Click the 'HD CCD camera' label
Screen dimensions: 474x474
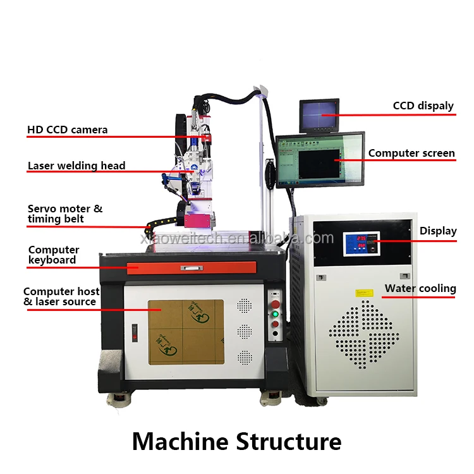67,130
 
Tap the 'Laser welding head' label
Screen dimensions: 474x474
76,166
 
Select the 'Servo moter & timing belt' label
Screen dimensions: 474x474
64,214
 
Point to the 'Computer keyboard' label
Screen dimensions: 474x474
54,255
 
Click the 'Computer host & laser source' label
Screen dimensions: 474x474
61,296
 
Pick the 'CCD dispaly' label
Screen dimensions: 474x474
423,106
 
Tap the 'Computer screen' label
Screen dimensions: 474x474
411,153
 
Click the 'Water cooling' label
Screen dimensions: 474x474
420,289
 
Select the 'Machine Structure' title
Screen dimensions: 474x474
236,441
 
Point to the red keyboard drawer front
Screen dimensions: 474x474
191,267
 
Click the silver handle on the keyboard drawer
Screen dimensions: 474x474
191,268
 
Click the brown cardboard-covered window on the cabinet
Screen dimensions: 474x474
186,332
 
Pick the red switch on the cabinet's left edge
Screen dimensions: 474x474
133,332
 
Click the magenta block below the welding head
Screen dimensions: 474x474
197,221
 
